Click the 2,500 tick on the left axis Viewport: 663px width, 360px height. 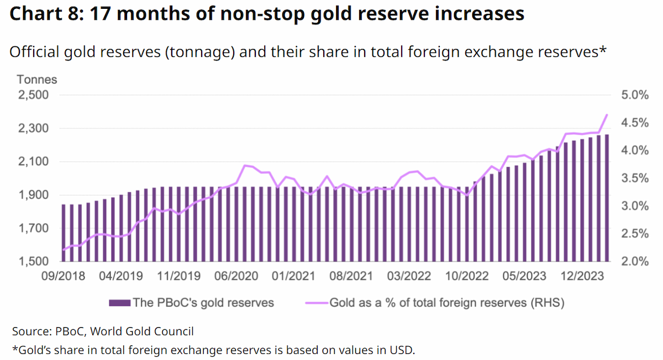(33, 95)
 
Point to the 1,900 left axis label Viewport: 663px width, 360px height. (34, 195)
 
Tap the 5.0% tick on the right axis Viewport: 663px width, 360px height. (635, 95)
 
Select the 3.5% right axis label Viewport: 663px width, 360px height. (635, 178)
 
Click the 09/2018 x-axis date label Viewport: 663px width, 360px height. (63, 276)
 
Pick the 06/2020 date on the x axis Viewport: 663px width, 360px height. (236, 276)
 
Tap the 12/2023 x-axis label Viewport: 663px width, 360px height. (582, 276)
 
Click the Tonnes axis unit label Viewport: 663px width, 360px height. (36, 80)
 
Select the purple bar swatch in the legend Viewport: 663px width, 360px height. (119, 303)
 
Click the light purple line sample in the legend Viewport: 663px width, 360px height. (317, 303)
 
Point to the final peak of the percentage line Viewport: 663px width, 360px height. (607, 115)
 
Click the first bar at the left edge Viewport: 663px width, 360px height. (64, 233)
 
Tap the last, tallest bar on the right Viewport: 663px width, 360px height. (607, 198)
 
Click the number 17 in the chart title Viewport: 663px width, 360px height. (101, 14)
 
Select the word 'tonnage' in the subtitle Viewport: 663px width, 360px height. (200, 52)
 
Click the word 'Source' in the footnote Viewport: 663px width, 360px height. (31, 331)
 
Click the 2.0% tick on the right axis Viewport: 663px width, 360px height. (635, 262)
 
